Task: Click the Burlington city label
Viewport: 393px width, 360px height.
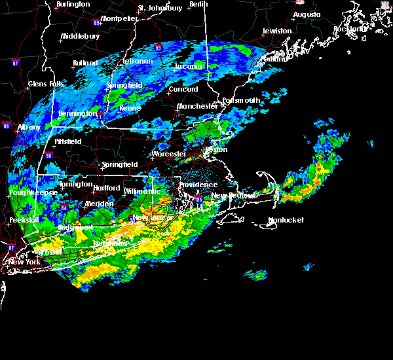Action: click(x=73, y=5)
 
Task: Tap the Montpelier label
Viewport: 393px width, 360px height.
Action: click(x=120, y=19)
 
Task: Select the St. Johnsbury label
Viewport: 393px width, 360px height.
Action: click(x=160, y=9)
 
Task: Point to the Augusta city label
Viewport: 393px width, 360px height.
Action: click(x=307, y=14)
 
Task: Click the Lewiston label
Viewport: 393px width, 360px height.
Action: click(x=277, y=31)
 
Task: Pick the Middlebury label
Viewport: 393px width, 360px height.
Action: click(x=79, y=37)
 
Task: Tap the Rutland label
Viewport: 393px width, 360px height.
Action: click(x=85, y=63)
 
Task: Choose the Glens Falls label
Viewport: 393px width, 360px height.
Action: click(x=47, y=84)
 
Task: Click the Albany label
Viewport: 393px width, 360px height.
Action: click(x=29, y=128)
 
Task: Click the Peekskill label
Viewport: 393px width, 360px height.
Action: click(x=24, y=221)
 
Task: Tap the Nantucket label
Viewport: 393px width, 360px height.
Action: click(x=286, y=221)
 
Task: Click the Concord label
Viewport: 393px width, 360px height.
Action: click(x=183, y=90)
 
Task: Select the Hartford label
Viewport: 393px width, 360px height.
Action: click(x=106, y=189)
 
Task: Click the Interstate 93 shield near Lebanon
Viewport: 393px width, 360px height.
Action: click(x=158, y=48)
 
